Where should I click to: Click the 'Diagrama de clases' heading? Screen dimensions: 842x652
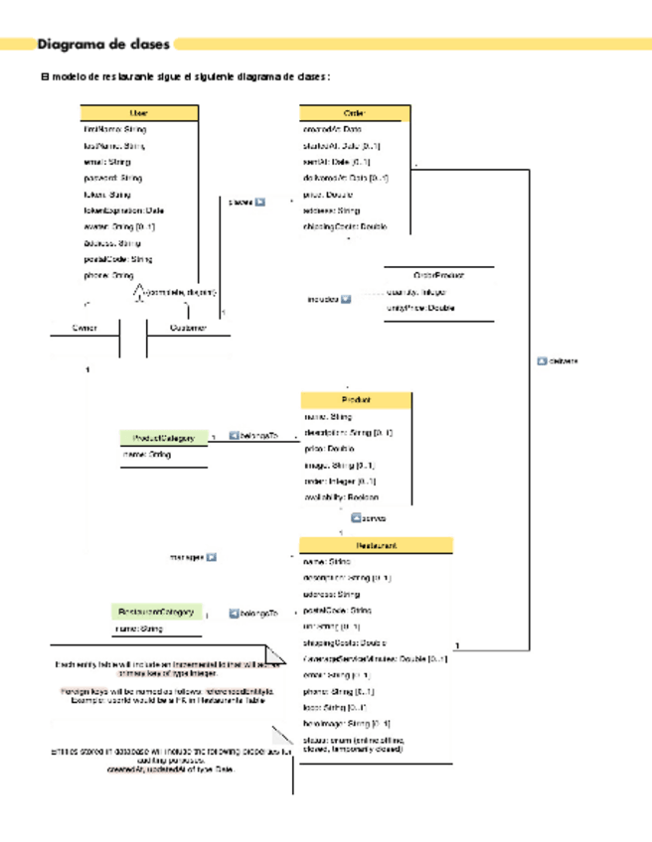click(103, 44)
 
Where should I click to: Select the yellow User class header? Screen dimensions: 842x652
click(139, 113)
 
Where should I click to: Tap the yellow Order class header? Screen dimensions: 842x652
click(355, 113)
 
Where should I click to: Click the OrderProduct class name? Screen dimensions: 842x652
click(438, 274)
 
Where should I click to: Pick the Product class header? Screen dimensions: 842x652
click(355, 399)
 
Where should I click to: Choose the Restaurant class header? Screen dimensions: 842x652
click(376, 545)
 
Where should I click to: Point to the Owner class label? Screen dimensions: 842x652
click(83, 328)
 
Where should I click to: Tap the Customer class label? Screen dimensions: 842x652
click(188, 328)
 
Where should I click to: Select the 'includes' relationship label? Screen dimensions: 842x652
click(322, 298)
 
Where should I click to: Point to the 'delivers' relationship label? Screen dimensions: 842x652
click(564, 360)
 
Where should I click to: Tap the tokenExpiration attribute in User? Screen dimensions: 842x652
click(124, 210)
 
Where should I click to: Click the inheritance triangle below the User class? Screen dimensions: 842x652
click(139, 291)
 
